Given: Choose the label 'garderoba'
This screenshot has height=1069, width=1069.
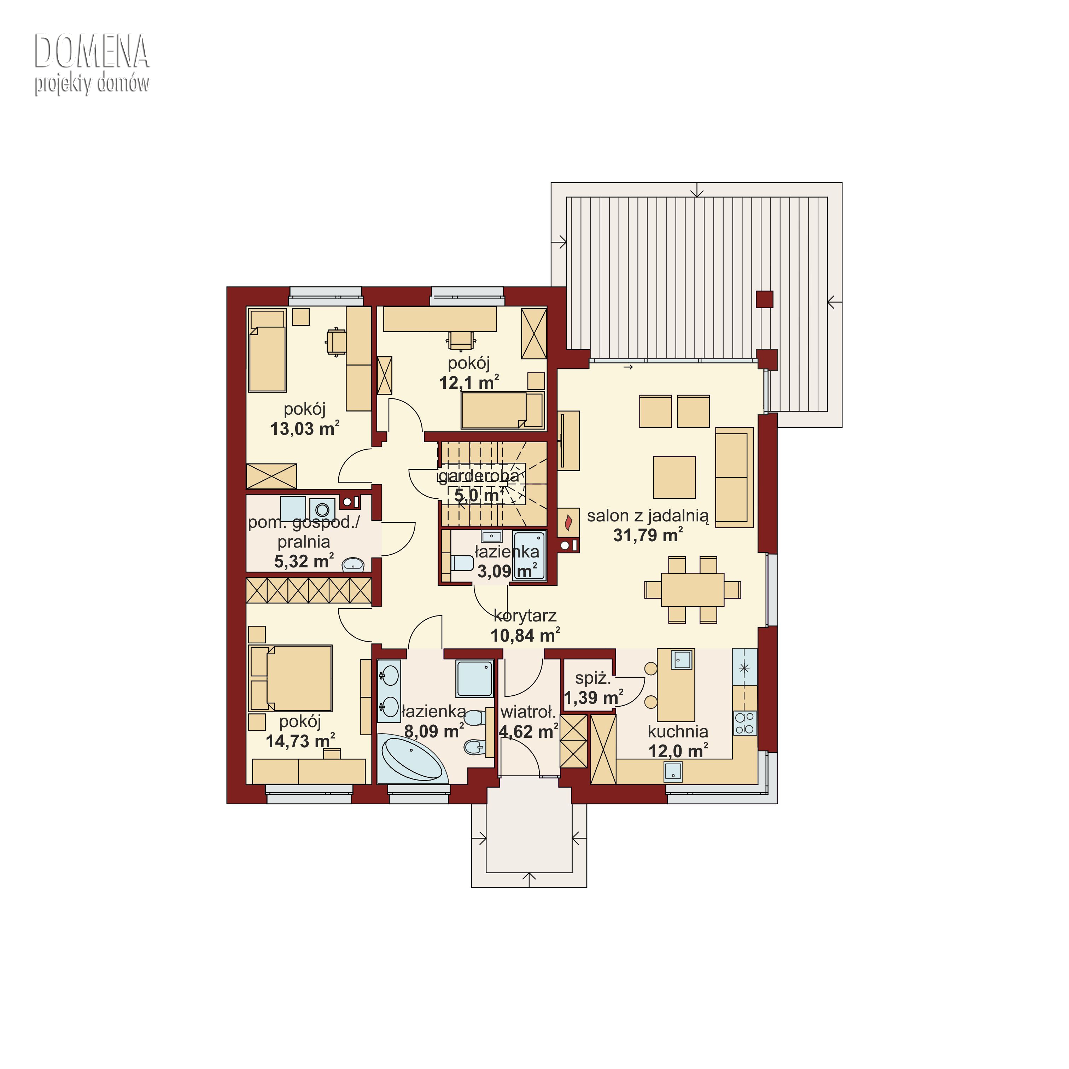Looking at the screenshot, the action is (479, 476).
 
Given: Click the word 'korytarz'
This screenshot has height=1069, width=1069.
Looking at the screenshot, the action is (525, 615).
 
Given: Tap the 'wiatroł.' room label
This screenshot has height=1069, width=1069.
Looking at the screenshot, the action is (528, 712).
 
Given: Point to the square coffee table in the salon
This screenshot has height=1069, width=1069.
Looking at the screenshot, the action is (674, 477).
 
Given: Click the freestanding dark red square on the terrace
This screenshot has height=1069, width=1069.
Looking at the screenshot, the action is (765, 299).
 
